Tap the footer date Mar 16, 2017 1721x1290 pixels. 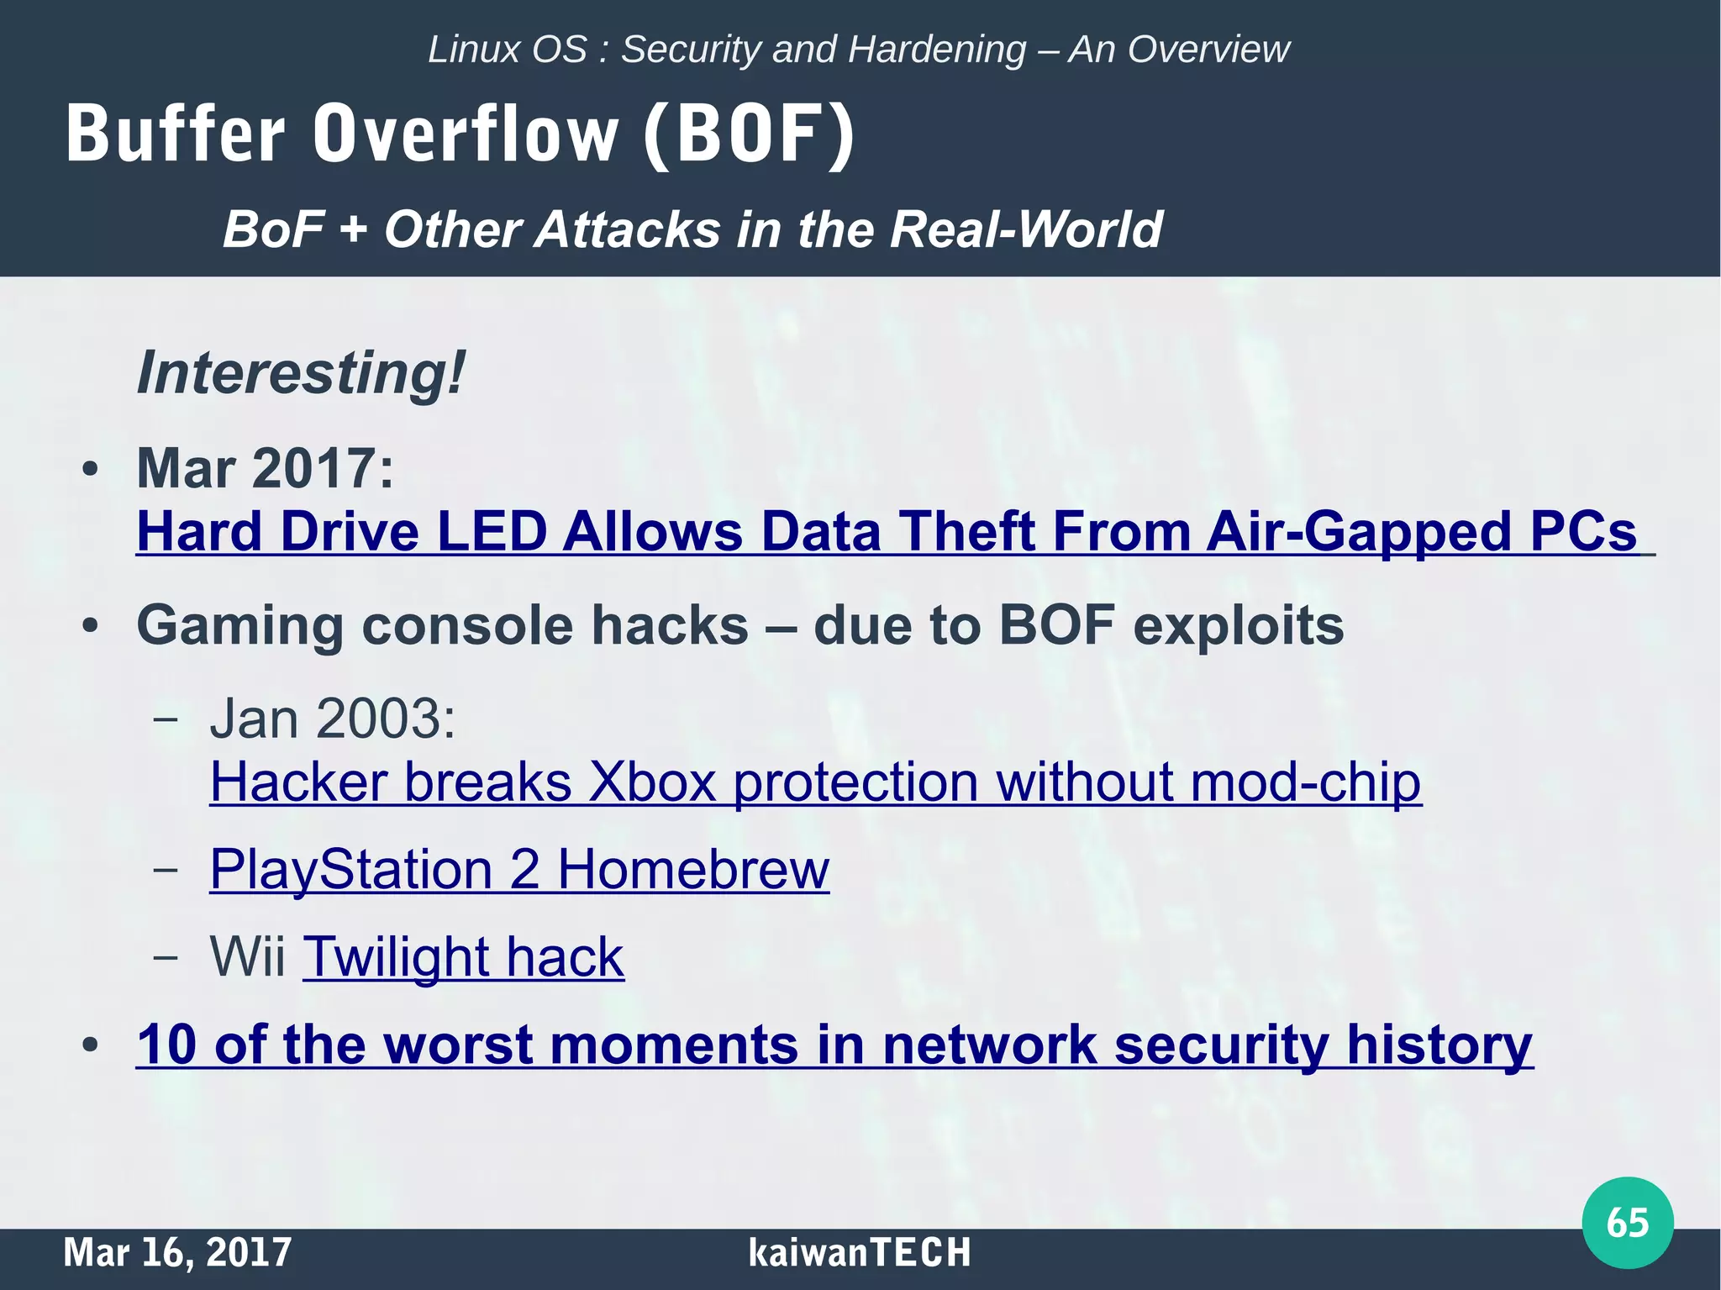(x=177, y=1252)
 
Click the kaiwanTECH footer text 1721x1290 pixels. (x=859, y=1252)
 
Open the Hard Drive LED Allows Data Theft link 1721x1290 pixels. (x=887, y=532)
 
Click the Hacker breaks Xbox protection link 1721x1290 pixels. (x=815, y=782)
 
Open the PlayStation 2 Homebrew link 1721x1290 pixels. (x=519, y=869)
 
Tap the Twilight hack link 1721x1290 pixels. (x=463, y=956)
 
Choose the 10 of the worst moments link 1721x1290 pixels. (x=834, y=1045)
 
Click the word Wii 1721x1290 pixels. (x=247, y=956)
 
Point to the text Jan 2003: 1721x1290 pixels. (x=333, y=719)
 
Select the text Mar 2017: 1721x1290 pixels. (x=266, y=468)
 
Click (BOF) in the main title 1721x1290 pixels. (x=749, y=134)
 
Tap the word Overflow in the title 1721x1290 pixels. (x=466, y=134)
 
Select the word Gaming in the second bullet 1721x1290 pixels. (x=240, y=626)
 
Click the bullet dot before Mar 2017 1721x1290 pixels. (x=91, y=470)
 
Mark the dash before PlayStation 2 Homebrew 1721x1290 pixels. (x=166, y=869)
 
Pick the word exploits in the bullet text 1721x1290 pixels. (x=1239, y=626)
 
